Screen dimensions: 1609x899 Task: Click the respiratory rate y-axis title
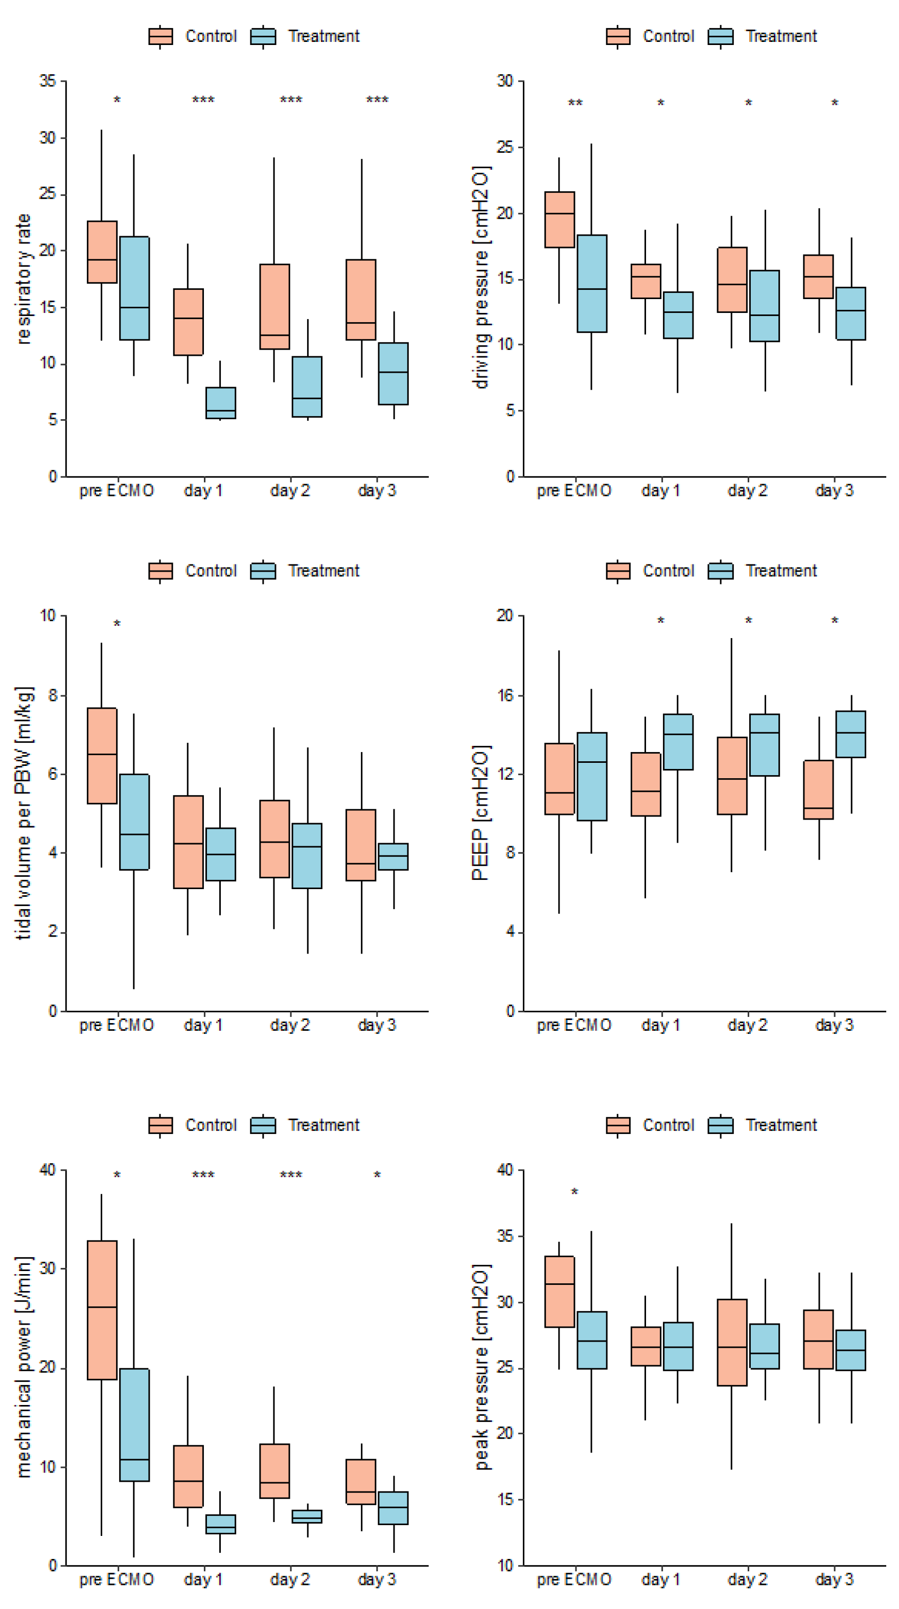pyautogui.click(x=24, y=279)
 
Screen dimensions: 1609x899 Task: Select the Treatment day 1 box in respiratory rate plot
pyautogui.click(x=220, y=402)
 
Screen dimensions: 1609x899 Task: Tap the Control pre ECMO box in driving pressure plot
pyautogui.click(x=559, y=219)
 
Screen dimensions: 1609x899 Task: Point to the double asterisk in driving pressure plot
pyautogui.click(x=574, y=103)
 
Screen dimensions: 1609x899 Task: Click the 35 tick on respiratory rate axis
pyautogui.click(x=48, y=81)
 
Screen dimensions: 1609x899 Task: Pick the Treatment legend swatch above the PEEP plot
pyautogui.click(x=721, y=571)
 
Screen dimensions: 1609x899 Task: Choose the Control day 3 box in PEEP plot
pyautogui.click(x=818, y=789)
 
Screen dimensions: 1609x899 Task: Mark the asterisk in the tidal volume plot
pyautogui.click(x=117, y=624)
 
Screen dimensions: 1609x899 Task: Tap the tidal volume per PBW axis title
pyautogui.click(x=24, y=813)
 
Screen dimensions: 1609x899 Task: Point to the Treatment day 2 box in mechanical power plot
pyautogui.click(x=307, y=1516)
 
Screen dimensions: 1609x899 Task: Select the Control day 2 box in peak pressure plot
pyautogui.click(x=732, y=1342)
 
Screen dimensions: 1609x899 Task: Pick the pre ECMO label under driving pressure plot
pyautogui.click(x=574, y=490)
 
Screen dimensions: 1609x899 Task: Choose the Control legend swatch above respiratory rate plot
pyautogui.click(x=160, y=37)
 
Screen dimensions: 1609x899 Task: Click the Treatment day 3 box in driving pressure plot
pyautogui.click(x=850, y=313)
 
